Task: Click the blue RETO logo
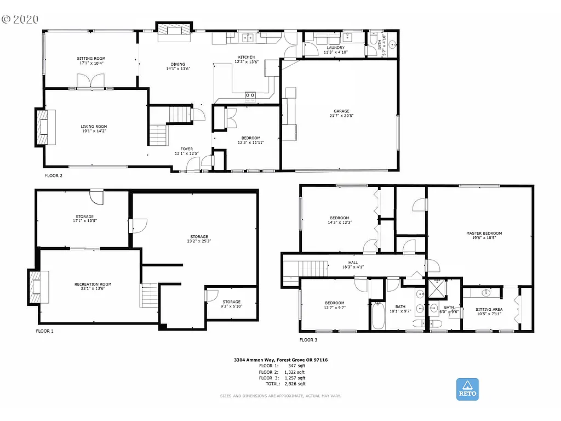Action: coord(467,389)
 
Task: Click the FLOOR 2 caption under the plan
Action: coord(54,176)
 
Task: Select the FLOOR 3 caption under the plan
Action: coord(308,340)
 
